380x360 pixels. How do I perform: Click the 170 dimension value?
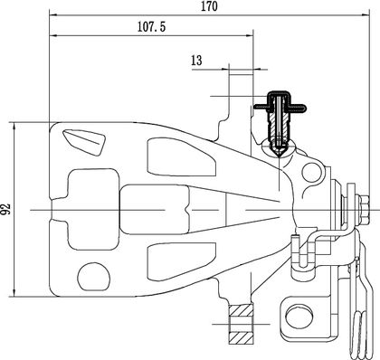[x=209, y=6]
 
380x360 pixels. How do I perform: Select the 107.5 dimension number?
[x=152, y=27]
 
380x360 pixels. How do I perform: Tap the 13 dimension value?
[x=196, y=61]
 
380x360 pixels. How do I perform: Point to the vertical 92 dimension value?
[x=5, y=209]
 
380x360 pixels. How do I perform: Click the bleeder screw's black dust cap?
[x=280, y=102]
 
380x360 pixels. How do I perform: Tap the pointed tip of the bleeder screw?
[x=280, y=156]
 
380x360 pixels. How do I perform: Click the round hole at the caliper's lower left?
[x=94, y=277]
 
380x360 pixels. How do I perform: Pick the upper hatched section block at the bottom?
[x=241, y=310]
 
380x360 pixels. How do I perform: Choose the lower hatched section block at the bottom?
[x=241, y=338]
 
